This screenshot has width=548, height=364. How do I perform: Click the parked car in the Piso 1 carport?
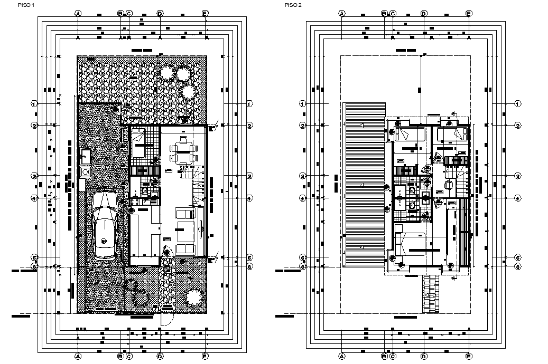pyautogui.click(x=104, y=224)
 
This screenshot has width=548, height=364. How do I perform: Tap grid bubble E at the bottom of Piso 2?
pyautogui.click(x=469, y=356)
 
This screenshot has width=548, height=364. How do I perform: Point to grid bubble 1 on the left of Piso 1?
pyautogui.click(x=35, y=103)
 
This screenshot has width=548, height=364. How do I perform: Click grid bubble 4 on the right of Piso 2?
pyautogui.click(x=518, y=198)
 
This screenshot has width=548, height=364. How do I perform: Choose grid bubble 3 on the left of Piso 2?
pyautogui.click(x=302, y=176)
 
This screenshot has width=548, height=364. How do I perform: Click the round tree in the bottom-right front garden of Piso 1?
pyautogui.click(x=194, y=297)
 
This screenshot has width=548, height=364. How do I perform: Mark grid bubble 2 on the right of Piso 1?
pyautogui.click(x=250, y=126)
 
